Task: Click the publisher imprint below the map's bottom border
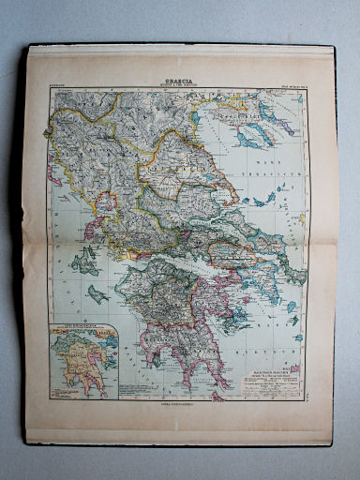pos(177,403)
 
